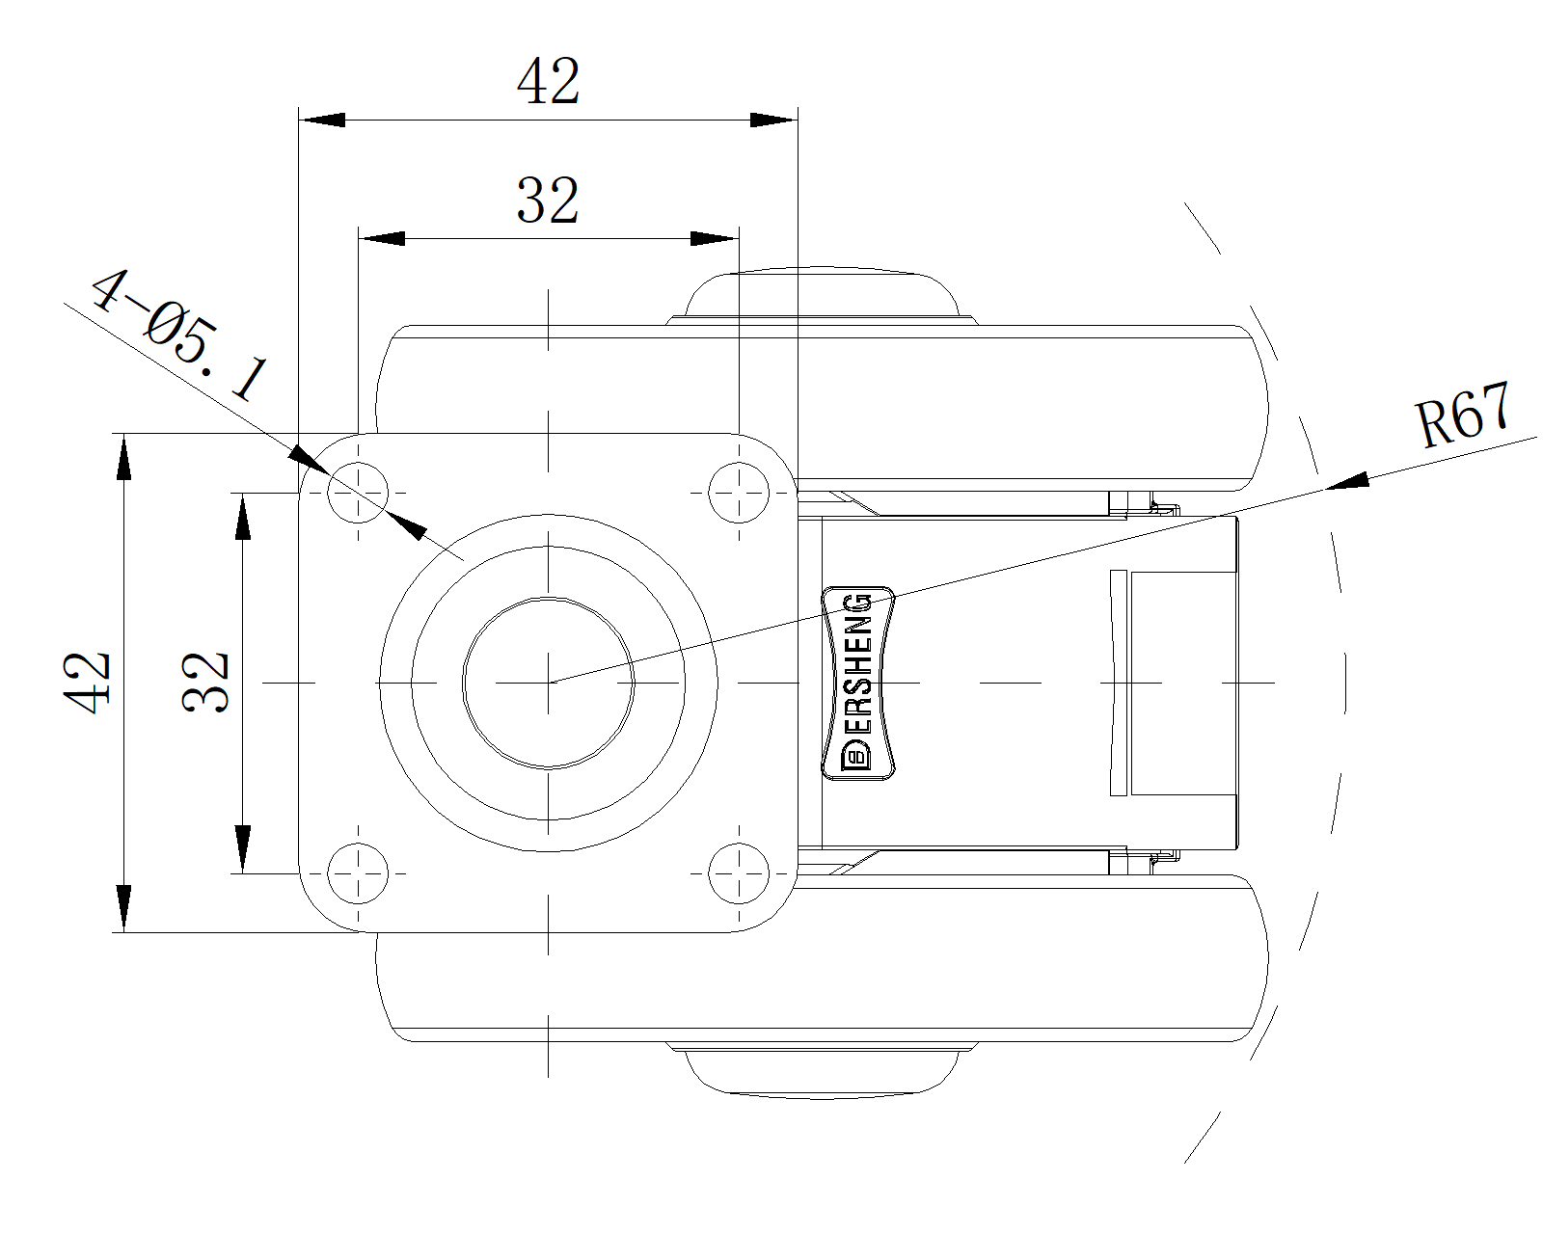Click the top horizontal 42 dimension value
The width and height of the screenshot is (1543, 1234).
pos(548,81)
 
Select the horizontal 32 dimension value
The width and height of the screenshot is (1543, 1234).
pos(548,201)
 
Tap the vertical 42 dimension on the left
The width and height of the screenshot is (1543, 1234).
pos(87,683)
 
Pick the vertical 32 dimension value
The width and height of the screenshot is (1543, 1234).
pos(205,683)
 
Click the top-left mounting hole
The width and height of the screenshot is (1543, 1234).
pos(358,493)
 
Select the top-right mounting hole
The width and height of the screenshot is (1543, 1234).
pos(739,493)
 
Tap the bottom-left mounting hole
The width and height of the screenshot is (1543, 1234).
pos(358,873)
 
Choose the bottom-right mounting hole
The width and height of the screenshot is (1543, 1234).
pos(739,873)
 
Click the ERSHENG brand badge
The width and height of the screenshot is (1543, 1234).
pos(858,683)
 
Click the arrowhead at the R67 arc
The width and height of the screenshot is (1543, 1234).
pos(1346,481)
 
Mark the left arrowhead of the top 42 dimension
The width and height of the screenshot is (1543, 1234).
pos(322,120)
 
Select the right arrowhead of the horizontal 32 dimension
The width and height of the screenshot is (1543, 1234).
pos(715,238)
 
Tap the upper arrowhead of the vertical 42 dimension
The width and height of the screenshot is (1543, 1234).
pos(124,456)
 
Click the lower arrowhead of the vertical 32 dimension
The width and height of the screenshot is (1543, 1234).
pos(242,849)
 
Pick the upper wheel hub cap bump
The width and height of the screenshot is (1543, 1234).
pos(822,295)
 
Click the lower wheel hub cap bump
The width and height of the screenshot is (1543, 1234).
pos(822,1070)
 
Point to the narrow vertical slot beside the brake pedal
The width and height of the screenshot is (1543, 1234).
pos(1118,683)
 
